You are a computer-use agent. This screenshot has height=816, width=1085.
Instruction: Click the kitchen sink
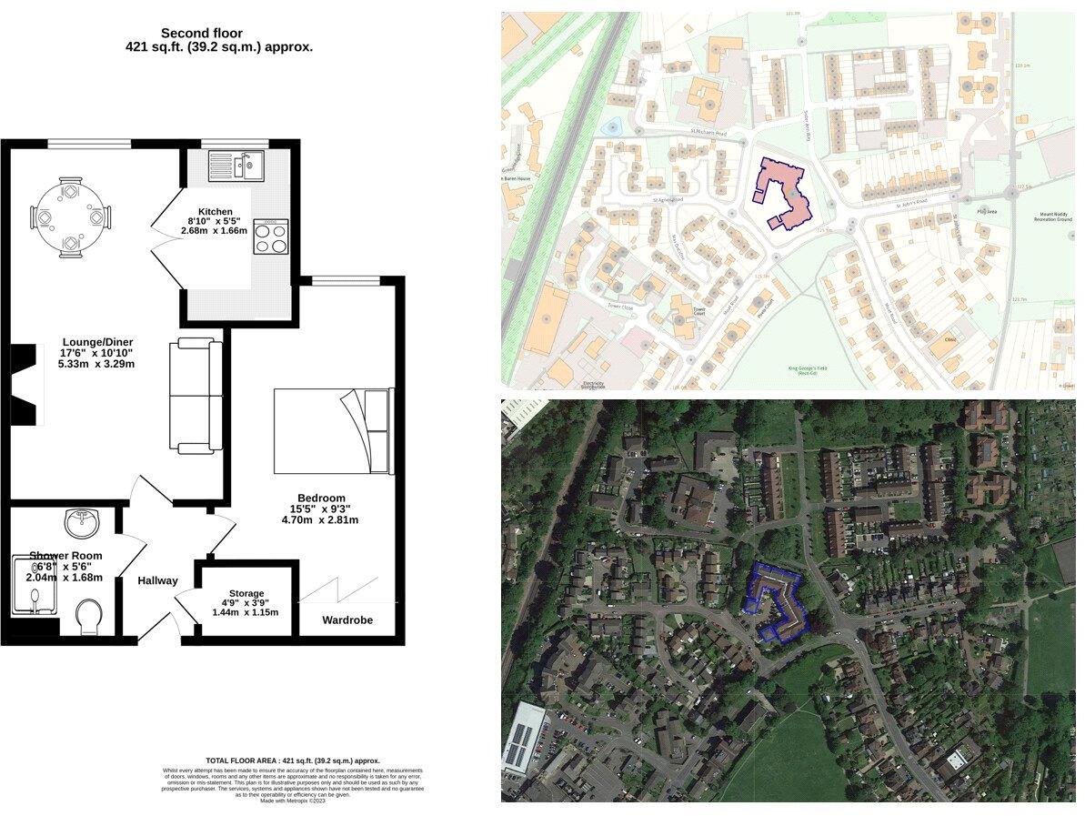tap(236, 166)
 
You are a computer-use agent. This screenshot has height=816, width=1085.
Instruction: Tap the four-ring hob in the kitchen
tap(270, 237)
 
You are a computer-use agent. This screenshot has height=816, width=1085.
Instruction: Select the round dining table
tap(71, 217)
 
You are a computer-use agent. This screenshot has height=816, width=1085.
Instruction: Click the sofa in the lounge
tap(196, 396)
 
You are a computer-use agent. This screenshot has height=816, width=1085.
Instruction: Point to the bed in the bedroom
tap(333, 430)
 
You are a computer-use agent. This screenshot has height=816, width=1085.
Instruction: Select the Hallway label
tap(157, 580)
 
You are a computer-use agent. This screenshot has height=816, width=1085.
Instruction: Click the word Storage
tap(246, 593)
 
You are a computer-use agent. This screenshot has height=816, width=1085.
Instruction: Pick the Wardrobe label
tap(347, 620)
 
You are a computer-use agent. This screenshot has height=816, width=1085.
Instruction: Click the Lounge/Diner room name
tap(96, 342)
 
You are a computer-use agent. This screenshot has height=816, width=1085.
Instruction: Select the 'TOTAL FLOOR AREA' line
tap(293, 761)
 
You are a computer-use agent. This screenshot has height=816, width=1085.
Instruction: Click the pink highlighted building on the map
tap(783, 190)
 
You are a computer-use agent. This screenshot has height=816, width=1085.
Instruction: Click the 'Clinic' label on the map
tap(950, 341)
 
